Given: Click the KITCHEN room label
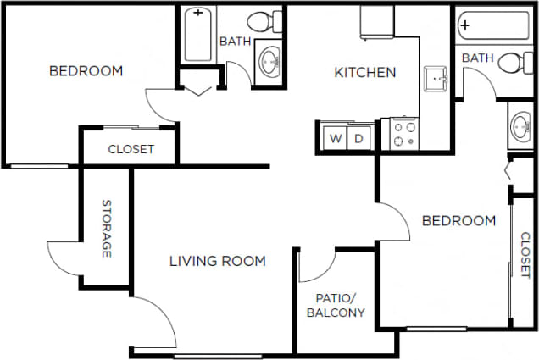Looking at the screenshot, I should point(365,73).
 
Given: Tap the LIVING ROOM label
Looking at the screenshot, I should point(218,261).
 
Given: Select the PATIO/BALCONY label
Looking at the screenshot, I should point(340,306).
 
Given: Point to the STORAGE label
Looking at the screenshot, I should point(108,229).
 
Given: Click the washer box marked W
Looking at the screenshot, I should point(336,137).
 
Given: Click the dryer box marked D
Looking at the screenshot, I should point(358,137).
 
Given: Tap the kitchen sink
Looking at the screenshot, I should point(438,78).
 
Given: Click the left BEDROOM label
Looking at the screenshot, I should point(86,71).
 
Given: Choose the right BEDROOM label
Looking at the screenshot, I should point(458,221).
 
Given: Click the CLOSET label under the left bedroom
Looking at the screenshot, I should point(131,150).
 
